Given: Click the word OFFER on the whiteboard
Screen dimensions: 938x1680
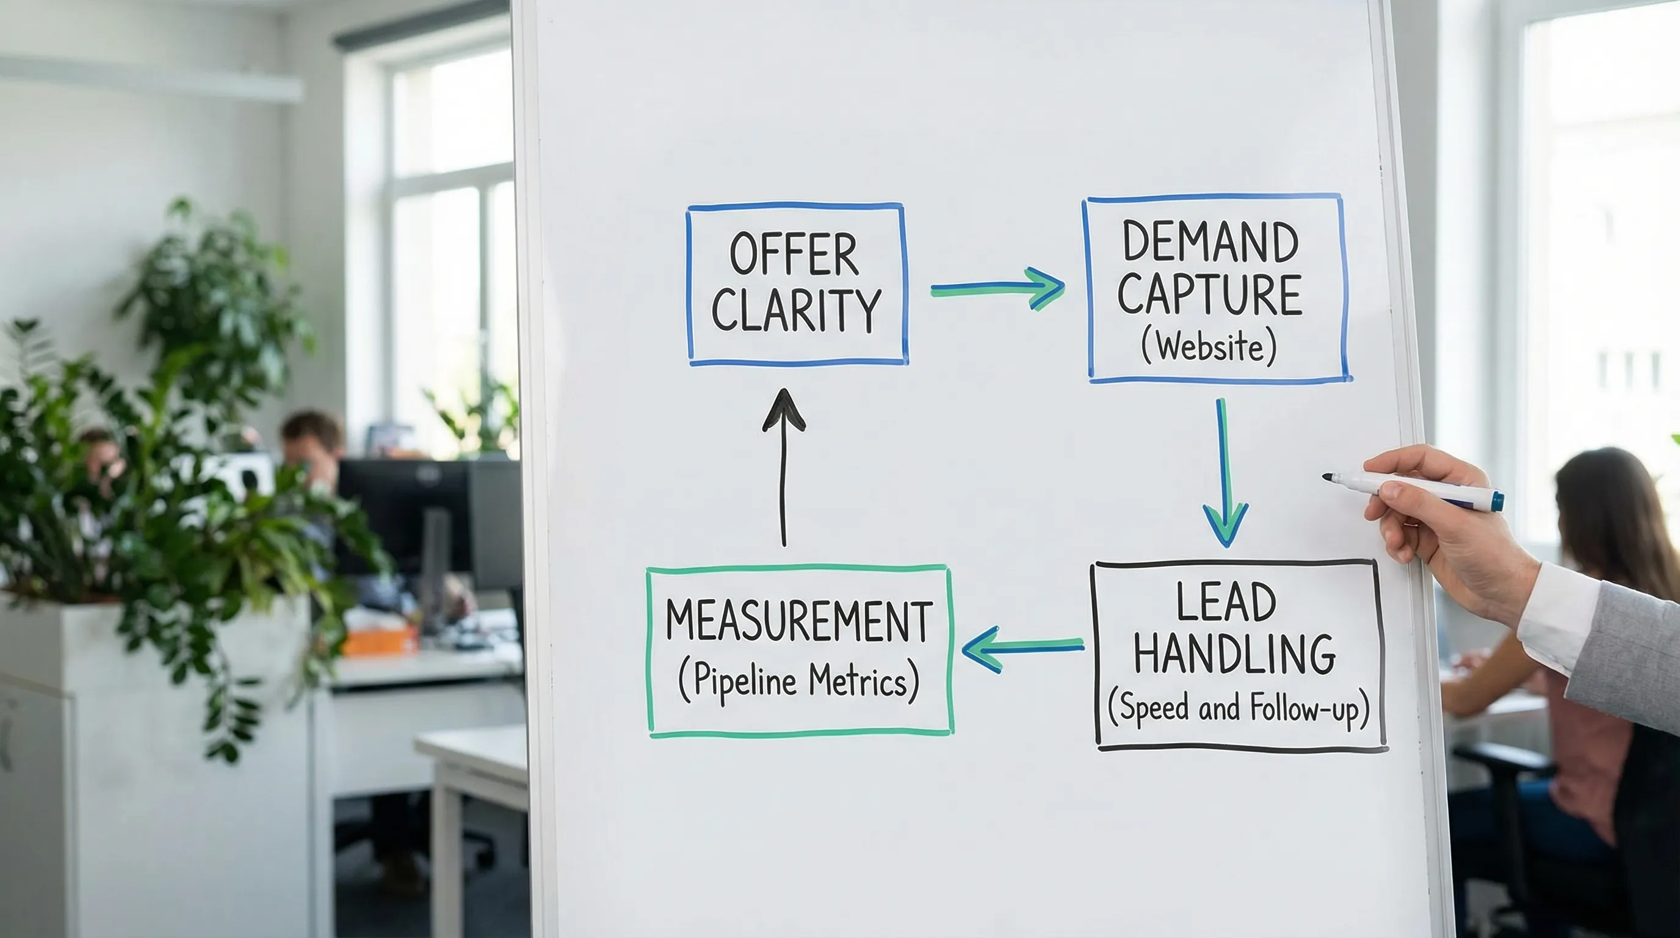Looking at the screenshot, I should [x=794, y=255].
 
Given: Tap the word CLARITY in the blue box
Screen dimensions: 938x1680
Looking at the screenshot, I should [x=796, y=310].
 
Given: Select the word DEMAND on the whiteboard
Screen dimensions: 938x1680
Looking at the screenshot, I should [x=1210, y=242].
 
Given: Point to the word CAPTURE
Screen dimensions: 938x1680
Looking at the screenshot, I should [x=1210, y=294].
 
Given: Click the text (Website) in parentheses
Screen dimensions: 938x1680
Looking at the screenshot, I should [x=1209, y=346].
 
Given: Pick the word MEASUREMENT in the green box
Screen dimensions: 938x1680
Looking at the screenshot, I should [x=799, y=621].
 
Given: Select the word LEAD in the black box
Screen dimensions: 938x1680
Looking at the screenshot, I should [x=1225, y=602].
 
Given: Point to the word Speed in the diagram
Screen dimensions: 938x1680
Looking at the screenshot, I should [x=1154, y=708].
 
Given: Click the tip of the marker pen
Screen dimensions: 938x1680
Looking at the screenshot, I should [x=1327, y=478].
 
